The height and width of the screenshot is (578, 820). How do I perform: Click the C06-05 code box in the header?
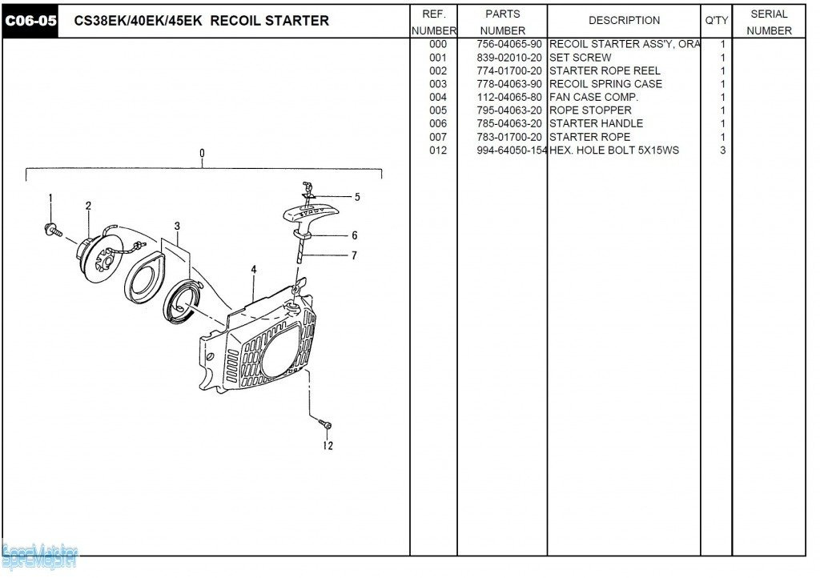tap(30, 21)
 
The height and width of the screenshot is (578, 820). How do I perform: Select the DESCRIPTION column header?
tap(624, 21)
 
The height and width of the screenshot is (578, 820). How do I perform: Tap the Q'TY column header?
tap(716, 21)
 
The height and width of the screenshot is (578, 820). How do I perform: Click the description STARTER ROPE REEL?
tap(605, 70)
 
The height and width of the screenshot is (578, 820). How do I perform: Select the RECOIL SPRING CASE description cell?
tap(605, 84)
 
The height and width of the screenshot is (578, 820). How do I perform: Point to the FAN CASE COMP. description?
tap(593, 97)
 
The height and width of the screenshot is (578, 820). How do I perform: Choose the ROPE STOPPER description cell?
tap(590, 110)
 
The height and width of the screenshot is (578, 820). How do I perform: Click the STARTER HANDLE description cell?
tap(596, 123)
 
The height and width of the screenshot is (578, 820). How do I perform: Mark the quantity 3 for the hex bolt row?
tap(722, 151)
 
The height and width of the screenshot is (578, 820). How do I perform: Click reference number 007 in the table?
tap(438, 137)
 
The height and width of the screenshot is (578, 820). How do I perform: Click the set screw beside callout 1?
tap(54, 230)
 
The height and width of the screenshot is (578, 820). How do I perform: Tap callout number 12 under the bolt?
tap(328, 446)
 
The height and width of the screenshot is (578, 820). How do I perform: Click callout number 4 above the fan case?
tap(253, 270)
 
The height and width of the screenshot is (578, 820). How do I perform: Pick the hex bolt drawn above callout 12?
tap(324, 424)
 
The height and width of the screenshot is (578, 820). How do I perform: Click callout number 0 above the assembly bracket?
tap(202, 153)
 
